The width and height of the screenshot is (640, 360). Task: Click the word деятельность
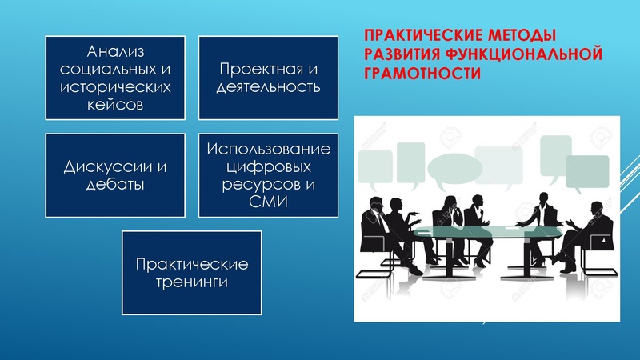click(269, 86)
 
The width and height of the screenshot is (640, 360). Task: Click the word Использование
click(269, 148)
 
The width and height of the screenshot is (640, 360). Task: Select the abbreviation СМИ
click(269, 203)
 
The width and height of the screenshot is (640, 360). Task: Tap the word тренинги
click(192, 282)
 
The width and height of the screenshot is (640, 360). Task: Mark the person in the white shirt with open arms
click(542, 220)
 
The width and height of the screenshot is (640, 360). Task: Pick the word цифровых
click(269, 166)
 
